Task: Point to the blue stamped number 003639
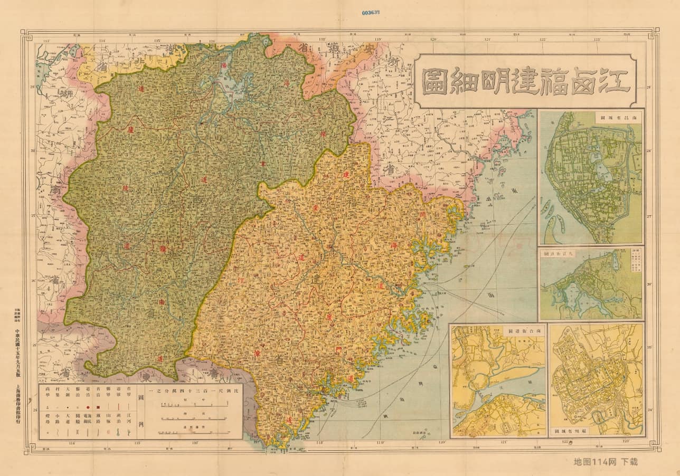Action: pos(373,12)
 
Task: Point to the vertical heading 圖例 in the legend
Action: pos(141,401)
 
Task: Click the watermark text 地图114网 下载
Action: pos(606,461)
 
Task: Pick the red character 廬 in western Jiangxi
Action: pos(129,130)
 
